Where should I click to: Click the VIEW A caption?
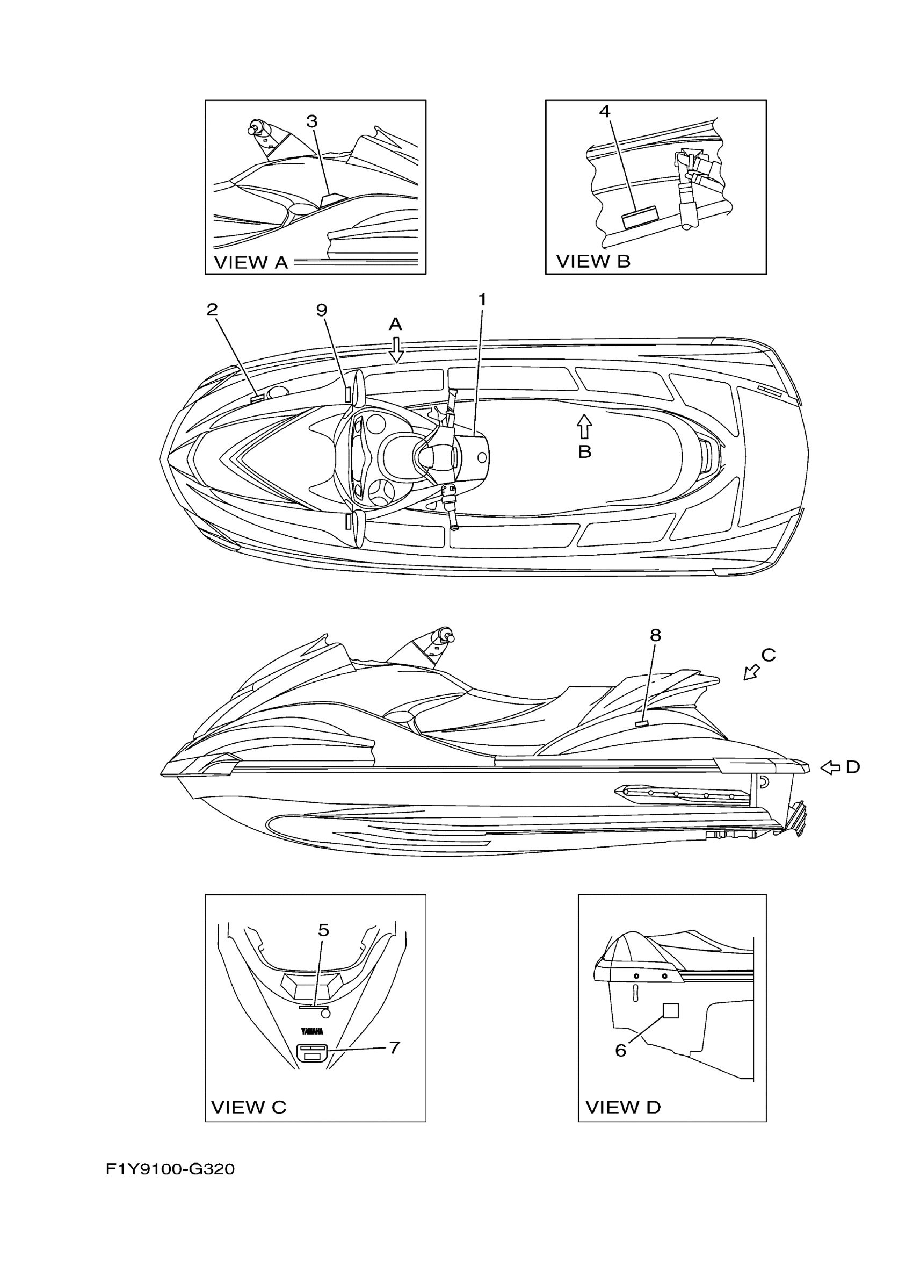pyautogui.click(x=251, y=262)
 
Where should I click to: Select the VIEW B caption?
pyautogui.click(x=593, y=261)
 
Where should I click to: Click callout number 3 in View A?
pyautogui.click(x=312, y=121)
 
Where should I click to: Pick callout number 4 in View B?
pyautogui.click(x=604, y=111)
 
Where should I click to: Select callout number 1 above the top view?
pyautogui.click(x=482, y=300)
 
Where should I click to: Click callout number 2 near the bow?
pyautogui.click(x=212, y=310)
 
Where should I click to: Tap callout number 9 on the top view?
pyautogui.click(x=322, y=310)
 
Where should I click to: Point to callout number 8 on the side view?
pyautogui.click(x=656, y=635)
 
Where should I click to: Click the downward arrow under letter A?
pyautogui.click(x=396, y=350)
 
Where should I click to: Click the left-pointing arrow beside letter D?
pyautogui.click(x=830, y=767)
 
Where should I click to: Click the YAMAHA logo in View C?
pyautogui.click(x=312, y=1031)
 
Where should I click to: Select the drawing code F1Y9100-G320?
pyautogui.click(x=170, y=1169)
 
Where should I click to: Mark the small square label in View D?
pyautogui.click(x=671, y=1010)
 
